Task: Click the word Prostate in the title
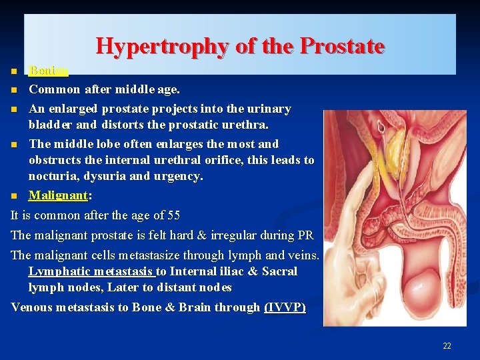tap(343, 46)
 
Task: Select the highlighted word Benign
tap(49, 71)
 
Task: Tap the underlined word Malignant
tap(59, 196)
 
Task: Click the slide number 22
tap(447, 345)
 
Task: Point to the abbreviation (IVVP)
tap(285, 307)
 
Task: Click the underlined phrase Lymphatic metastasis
tap(90, 271)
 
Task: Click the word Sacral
tap(280, 271)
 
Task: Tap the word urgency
tap(179, 177)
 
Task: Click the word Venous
tap(33, 307)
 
